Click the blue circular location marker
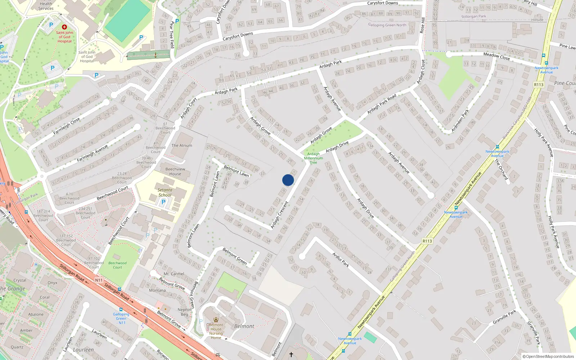[x=288, y=180]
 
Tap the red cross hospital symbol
[x=64, y=27]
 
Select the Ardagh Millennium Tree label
[x=314, y=158]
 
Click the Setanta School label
[x=165, y=193]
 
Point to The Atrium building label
[x=182, y=145]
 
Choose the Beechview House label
[x=175, y=171]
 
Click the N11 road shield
[x=99, y=280]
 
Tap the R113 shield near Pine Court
[x=539, y=85]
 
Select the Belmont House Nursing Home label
[x=216, y=331]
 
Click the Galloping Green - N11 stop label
[x=121, y=318]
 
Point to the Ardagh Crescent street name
[x=279, y=215]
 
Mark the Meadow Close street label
[x=496, y=56]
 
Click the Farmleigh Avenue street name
[x=92, y=153]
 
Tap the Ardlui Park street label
[x=341, y=260]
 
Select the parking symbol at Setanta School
[x=163, y=202]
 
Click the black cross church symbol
[x=291, y=355]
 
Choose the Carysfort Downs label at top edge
[x=382, y=3]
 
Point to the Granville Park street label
[x=504, y=316]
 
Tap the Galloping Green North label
[x=387, y=25]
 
